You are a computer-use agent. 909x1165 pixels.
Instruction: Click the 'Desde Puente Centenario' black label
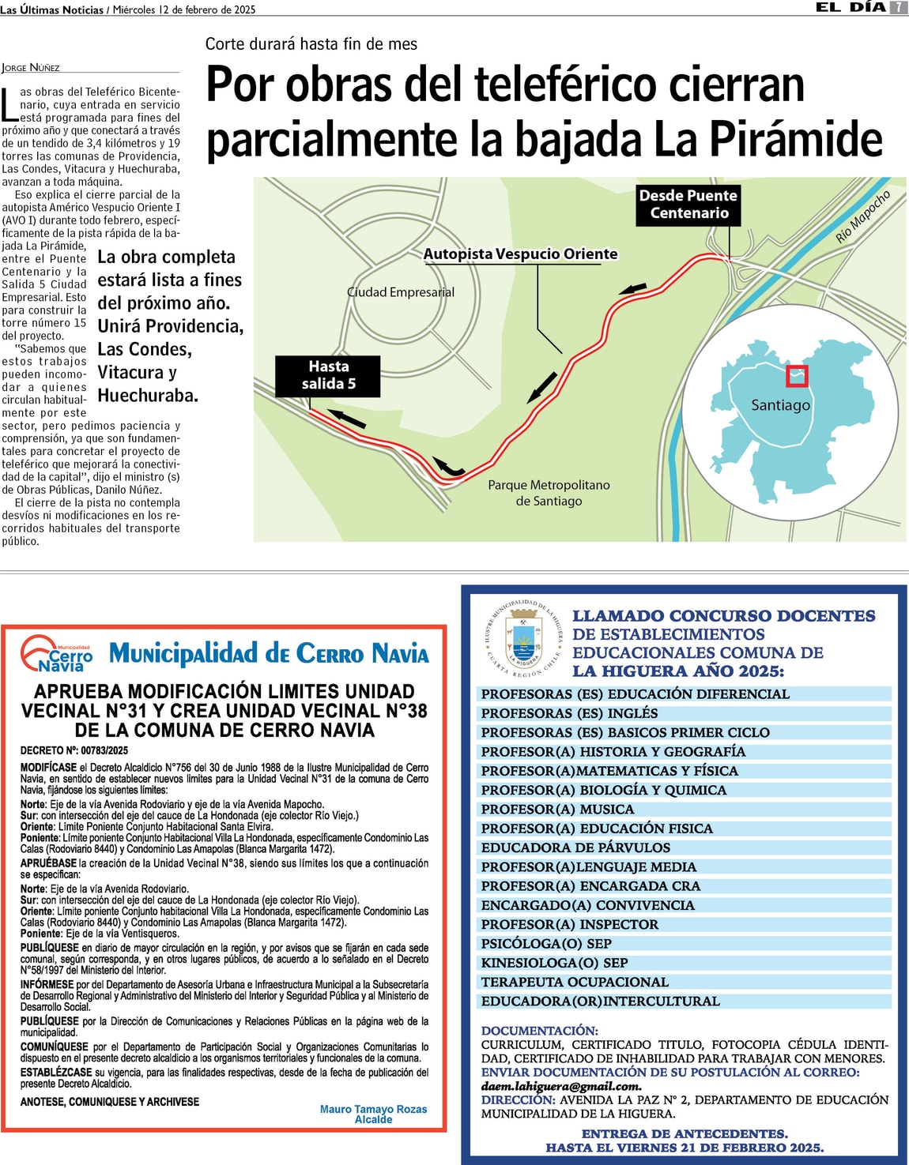tap(688, 205)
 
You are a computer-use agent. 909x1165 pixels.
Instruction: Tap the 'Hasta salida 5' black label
tap(328, 376)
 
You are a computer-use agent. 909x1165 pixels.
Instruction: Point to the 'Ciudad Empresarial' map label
tap(401, 292)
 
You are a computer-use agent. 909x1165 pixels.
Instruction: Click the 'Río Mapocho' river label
tap(863, 216)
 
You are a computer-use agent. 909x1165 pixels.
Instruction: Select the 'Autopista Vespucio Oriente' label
tap(520, 254)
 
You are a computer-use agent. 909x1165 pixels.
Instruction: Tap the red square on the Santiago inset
tap(797, 376)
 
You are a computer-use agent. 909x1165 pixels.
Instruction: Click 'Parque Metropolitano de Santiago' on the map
tap(549, 493)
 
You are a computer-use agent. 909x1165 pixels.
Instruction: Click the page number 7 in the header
tap(899, 7)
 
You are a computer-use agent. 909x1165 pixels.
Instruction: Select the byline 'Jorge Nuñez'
tap(31, 68)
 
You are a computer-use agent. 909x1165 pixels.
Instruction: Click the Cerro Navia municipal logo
tap(57, 653)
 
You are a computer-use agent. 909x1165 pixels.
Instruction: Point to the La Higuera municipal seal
tap(522, 637)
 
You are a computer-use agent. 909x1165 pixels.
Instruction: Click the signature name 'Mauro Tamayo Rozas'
tap(373, 1109)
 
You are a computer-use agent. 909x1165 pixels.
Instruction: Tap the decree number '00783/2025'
tap(104, 750)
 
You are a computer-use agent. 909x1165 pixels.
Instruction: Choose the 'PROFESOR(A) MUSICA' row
tap(557, 810)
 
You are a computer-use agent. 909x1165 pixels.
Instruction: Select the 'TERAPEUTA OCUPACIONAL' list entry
tap(575, 983)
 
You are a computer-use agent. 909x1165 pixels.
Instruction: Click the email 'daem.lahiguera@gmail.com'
tap(561, 1086)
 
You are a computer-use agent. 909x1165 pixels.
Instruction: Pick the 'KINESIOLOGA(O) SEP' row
tap(554, 963)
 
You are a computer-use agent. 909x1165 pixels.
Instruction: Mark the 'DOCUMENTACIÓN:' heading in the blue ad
tap(540, 1031)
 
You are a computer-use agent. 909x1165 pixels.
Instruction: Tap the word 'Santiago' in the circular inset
tap(780, 405)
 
